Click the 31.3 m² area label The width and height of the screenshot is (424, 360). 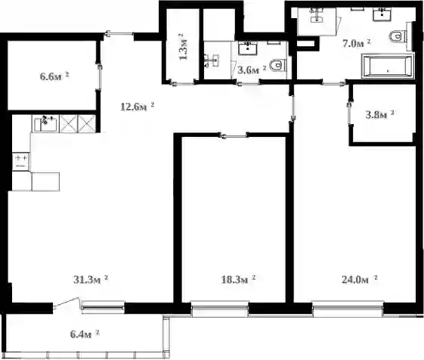[x=91, y=279]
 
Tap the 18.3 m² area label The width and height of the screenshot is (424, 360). [x=239, y=279]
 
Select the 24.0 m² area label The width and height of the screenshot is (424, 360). [x=360, y=279]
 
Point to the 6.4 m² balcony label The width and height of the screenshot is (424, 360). [x=85, y=334]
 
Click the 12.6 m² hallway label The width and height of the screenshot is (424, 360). [x=138, y=107]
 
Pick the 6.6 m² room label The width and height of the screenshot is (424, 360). [x=54, y=76]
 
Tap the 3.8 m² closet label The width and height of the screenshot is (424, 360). [x=379, y=114]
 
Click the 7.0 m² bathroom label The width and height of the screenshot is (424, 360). [x=356, y=43]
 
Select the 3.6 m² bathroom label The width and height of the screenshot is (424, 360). [x=252, y=70]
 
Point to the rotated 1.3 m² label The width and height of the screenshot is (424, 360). [x=184, y=47]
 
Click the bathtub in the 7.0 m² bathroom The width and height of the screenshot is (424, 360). [x=388, y=67]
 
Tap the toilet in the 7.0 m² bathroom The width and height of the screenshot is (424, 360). [x=398, y=36]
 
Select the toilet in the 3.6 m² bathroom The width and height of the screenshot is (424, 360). [x=278, y=65]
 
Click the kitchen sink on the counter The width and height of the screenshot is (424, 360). [x=45, y=124]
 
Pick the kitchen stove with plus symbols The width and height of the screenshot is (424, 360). [x=20, y=162]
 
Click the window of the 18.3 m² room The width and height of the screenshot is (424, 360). [x=220, y=309]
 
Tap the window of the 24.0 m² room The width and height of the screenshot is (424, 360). [x=348, y=309]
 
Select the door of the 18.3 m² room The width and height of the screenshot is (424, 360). [x=234, y=135]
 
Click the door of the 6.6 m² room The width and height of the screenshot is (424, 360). [x=100, y=77]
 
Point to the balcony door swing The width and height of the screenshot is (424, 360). [x=67, y=303]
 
